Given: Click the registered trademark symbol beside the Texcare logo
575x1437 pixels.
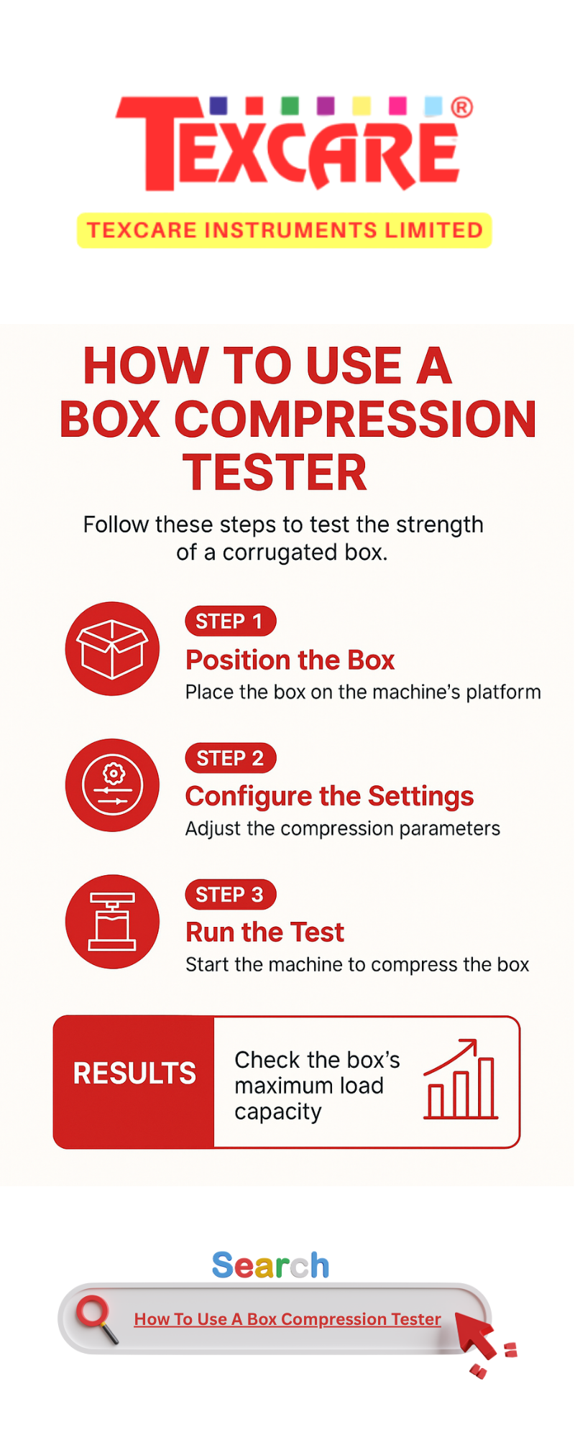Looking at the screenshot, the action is click(x=461, y=108).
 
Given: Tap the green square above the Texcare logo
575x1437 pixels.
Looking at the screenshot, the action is click(x=290, y=106).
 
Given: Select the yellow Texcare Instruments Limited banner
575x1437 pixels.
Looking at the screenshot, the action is click(x=285, y=231).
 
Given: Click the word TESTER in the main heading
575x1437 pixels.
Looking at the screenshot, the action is click(x=275, y=472).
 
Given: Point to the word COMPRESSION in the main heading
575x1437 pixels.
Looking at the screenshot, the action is click(x=355, y=419).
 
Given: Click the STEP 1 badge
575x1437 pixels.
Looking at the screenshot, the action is click(x=231, y=622).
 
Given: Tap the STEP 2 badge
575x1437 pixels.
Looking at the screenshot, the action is click(x=231, y=758).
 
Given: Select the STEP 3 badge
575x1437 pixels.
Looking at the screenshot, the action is click(x=231, y=895).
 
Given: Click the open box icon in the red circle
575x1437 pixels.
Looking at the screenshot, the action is click(x=112, y=649).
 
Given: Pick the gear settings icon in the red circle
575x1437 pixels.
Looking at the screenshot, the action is click(x=112, y=785).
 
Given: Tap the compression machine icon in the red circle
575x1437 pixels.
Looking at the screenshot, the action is click(x=112, y=922).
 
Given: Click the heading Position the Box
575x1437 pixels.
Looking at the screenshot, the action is click(x=290, y=660).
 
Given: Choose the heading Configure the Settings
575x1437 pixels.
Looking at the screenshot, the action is click(x=330, y=797).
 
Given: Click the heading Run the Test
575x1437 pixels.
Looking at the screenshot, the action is click(x=265, y=933).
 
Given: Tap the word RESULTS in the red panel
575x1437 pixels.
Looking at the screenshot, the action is click(x=134, y=1073).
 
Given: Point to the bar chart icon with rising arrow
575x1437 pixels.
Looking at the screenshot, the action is click(x=461, y=1079).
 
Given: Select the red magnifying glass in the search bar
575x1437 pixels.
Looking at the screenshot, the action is click(x=97, y=1318).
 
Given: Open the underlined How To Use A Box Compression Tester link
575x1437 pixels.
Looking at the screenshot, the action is click(x=287, y=1319).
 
